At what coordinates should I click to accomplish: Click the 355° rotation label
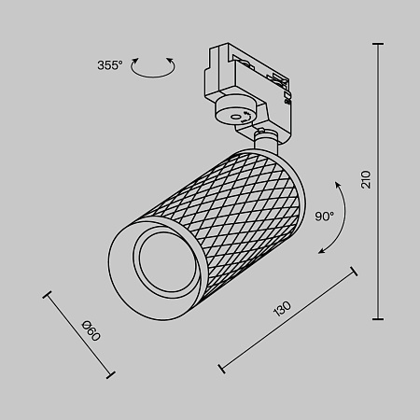[109, 65]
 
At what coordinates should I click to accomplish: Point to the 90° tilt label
[324, 216]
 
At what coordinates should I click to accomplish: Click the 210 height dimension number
[367, 178]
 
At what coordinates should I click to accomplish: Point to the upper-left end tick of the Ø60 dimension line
[47, 296]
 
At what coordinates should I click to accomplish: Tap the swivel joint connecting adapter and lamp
[265, 140]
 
